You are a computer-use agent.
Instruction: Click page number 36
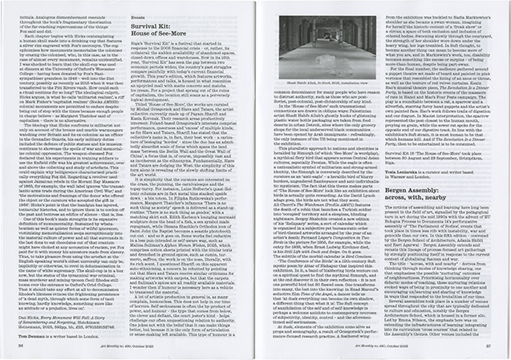coord(20,351)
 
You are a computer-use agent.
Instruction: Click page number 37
coord(491,351)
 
